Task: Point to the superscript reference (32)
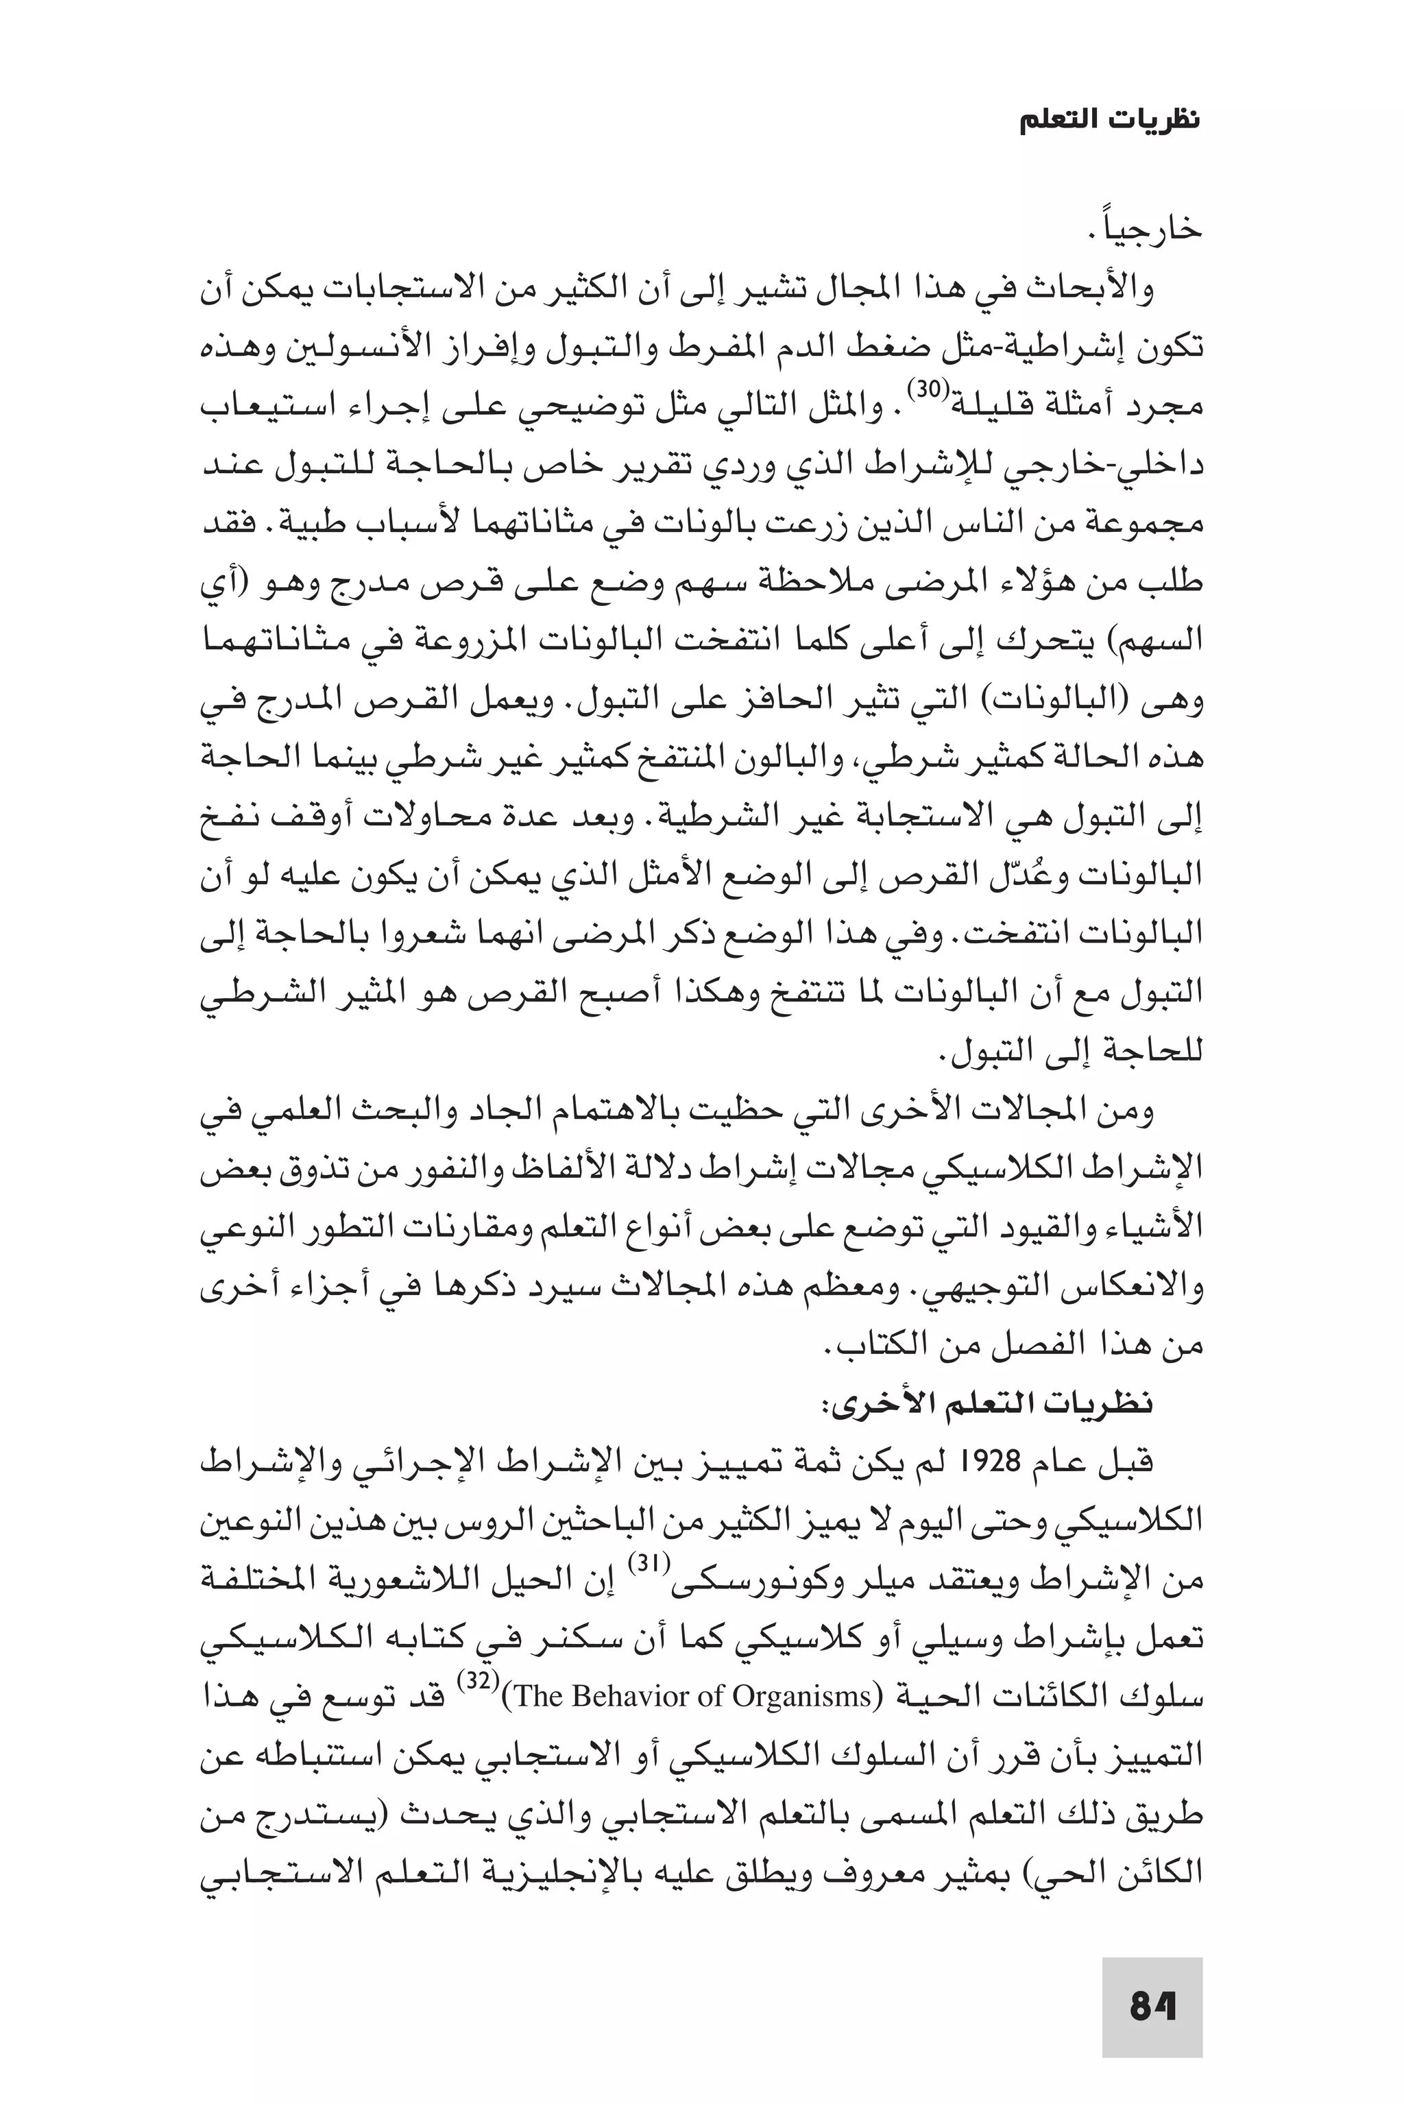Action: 474,1682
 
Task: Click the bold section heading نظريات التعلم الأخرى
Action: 989,1403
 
